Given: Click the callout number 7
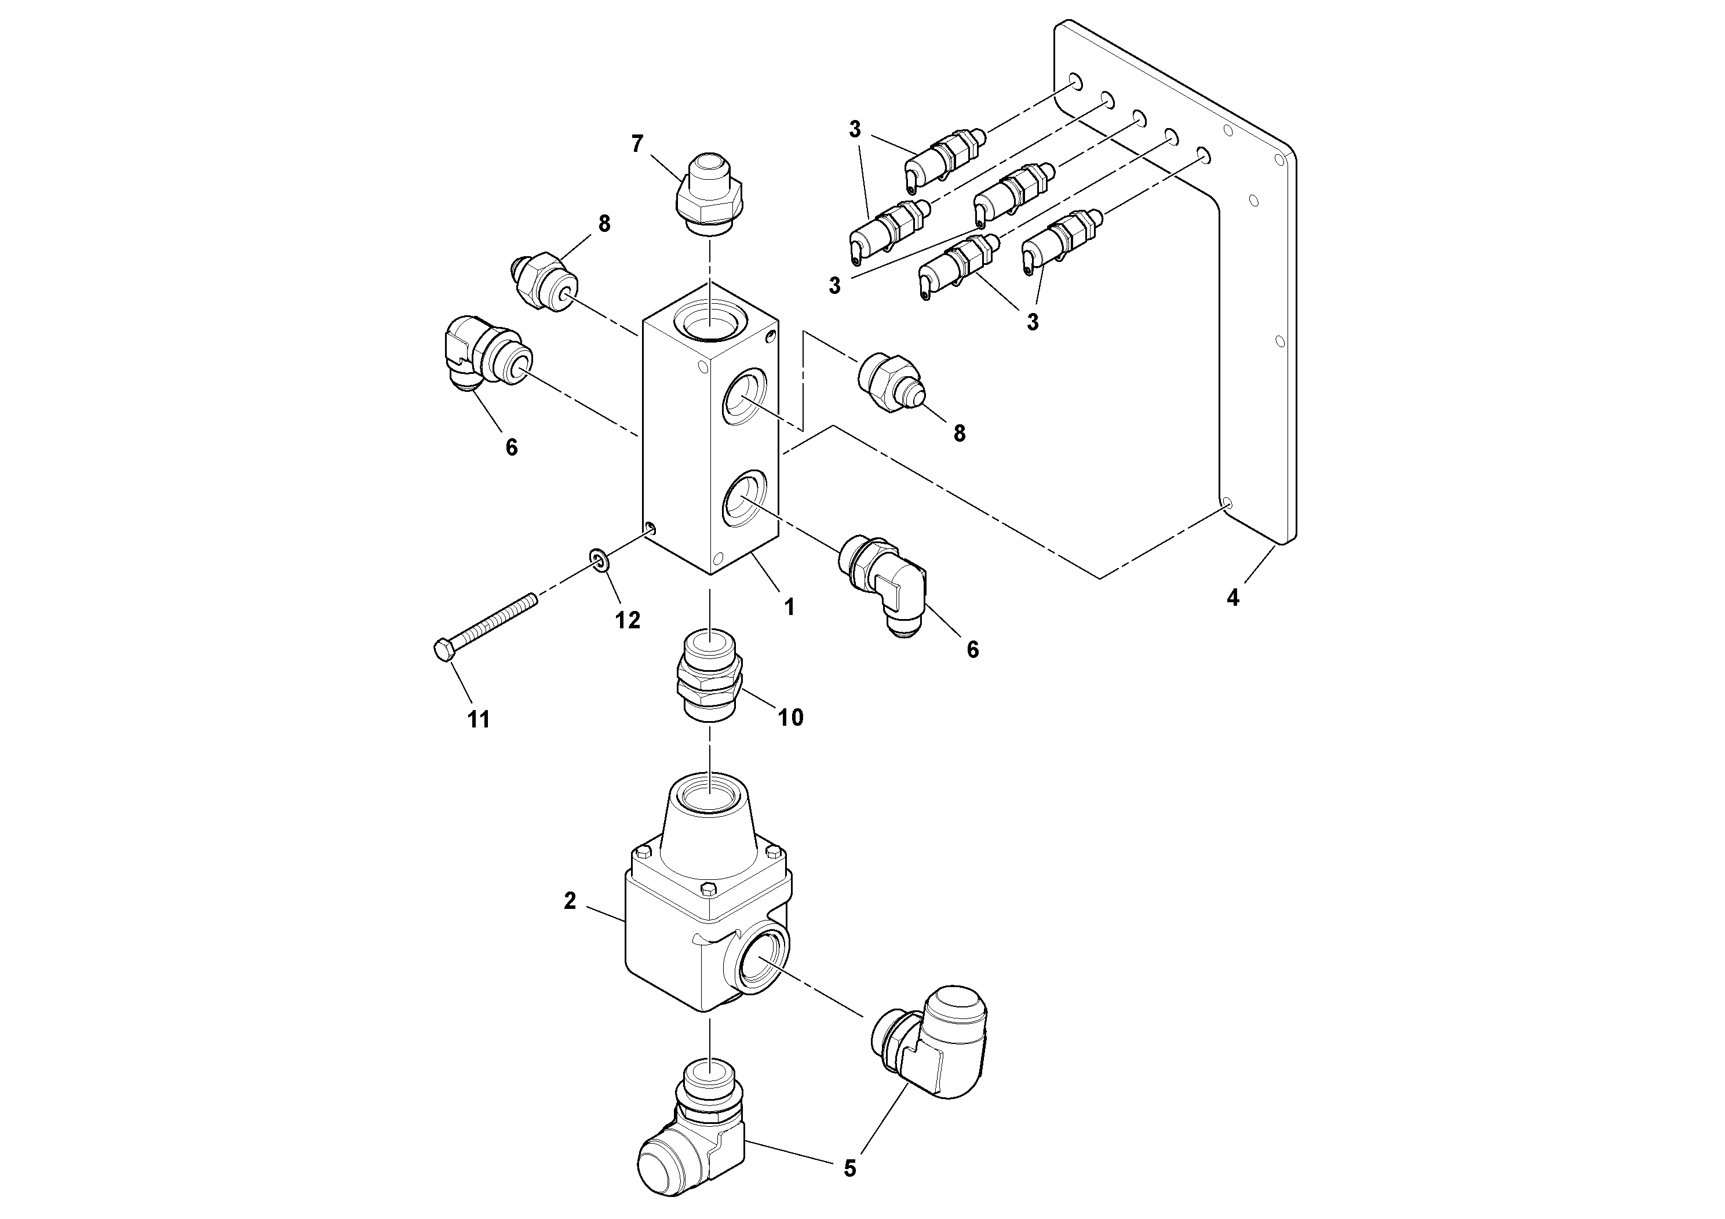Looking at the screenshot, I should pyautogui.click(x=637, y=144).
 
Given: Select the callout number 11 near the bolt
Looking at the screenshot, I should pyautogui.click(x=478, y=719).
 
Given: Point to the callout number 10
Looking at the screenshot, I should pyautogui.click(x=790, y=717).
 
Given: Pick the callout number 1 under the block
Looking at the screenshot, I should pyautogui.click(x=789, y=606).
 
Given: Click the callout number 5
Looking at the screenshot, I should pyautogui.click(x=849, y=1168).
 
